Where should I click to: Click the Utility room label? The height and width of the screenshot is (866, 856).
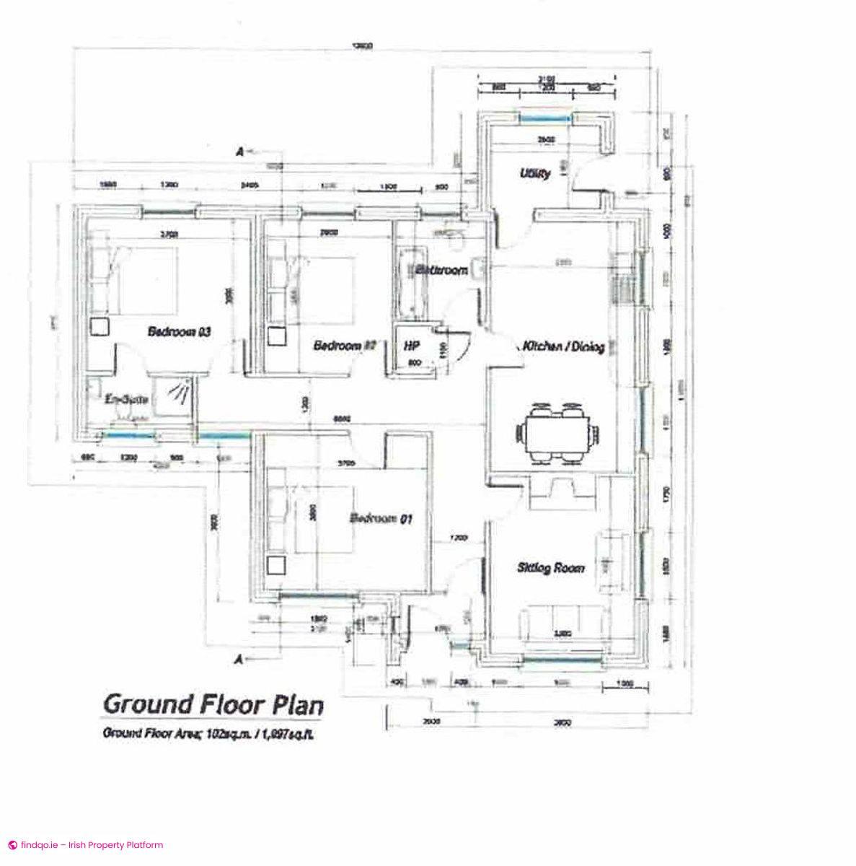(x=536, y=174)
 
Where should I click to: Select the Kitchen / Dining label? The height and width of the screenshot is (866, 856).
(x=563, y=346)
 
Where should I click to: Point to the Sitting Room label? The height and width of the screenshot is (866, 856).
(x=551, y=568)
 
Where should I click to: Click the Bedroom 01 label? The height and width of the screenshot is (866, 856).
(x=381, y=518)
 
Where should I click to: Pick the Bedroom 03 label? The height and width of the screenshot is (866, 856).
(x=179, y=332)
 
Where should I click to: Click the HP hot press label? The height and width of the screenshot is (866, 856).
(x=413, y=346)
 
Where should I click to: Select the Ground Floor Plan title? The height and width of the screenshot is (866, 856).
(x=213, y=704)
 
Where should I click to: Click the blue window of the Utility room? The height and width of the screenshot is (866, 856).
(x=546, y=118)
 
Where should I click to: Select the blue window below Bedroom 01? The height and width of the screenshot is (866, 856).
(x=318, y=595)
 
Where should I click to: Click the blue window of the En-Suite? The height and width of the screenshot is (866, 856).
(x=130, y=434)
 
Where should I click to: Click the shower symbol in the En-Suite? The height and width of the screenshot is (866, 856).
(x=179, y=393)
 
